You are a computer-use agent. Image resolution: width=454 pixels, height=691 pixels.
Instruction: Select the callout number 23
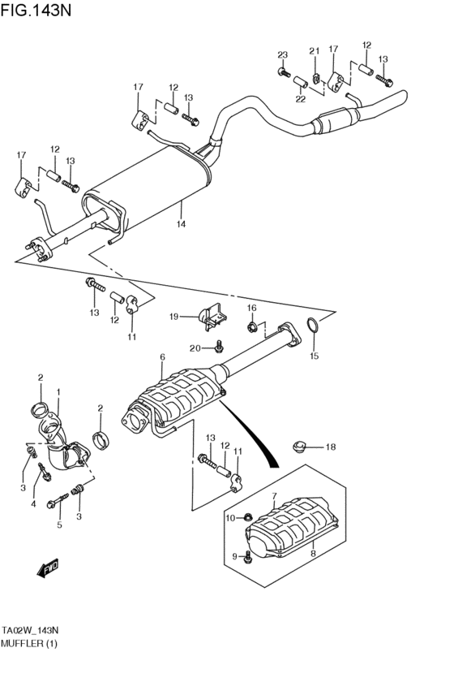point(283,55)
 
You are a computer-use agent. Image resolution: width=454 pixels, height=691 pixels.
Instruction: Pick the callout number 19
point(173,316)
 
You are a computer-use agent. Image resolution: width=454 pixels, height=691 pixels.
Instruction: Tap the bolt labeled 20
point(219,348)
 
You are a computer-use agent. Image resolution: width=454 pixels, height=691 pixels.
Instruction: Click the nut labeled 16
point(251,328)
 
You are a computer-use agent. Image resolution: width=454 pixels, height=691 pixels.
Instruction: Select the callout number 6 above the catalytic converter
point(162,357)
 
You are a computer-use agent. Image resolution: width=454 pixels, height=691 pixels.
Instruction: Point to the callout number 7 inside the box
point(274,496)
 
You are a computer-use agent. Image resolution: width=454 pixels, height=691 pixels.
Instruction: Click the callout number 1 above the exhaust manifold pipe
point(58,392)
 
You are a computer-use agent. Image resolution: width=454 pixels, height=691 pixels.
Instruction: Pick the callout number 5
point(59,525)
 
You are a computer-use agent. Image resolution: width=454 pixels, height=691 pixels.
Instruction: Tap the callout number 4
point(33,504)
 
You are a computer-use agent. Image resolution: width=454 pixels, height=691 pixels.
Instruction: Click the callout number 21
point(314,51)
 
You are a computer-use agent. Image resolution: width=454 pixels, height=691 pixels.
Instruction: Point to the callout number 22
point(300,99)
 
